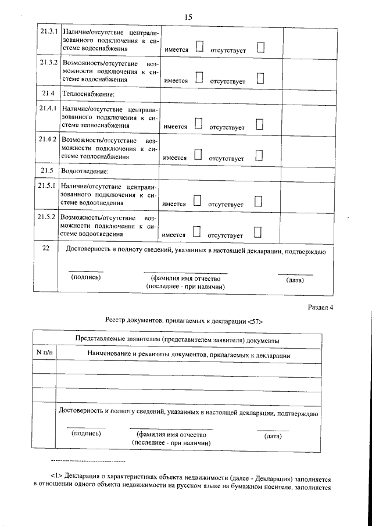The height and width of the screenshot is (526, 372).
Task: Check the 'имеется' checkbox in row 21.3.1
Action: (x=199, y=47)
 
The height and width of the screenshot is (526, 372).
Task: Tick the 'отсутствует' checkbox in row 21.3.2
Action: (x=260, y=77)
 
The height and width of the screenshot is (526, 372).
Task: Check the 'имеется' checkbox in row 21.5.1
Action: (x=196, y=201)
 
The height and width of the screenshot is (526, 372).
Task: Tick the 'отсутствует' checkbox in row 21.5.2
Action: (x=258, y=232)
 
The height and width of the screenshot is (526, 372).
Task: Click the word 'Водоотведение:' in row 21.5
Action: (x=85, y=171)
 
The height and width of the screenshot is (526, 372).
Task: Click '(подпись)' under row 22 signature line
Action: (x=86, y=277)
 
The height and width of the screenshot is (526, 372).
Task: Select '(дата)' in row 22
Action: (x=295, y=280)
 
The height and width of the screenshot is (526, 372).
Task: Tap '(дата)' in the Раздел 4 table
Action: (x=273, y=435)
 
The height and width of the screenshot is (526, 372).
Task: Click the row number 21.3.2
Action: (x=48, y=62)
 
